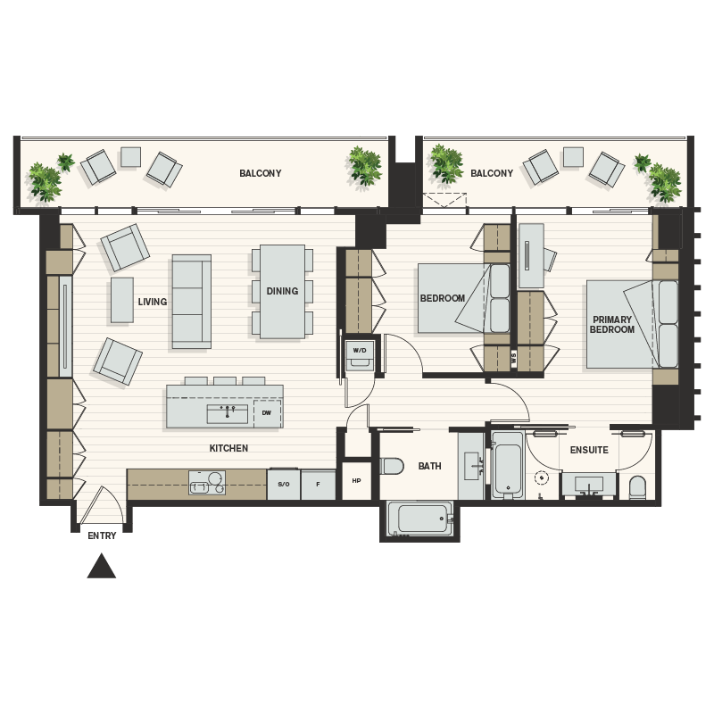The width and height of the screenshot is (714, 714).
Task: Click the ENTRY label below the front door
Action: pyautogui.click(x=103, y=535)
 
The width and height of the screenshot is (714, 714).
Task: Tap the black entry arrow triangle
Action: pyautogui.click(x=102, y=567)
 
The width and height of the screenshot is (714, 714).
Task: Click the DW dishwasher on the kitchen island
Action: pyautogui.click(x=267, y=413)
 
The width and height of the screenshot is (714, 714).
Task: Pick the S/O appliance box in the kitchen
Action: pyautogui.click(x=284, y=484)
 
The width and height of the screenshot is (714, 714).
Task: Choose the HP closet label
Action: pyautogui.click(x=357, y=481)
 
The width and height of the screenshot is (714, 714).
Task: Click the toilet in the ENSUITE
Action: pyautogui.click(x=637, y=487)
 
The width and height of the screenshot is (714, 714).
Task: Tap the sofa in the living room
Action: pyautogui.click(x=192, y=301)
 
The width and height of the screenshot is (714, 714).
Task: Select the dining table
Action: pyautogui.click(x=282, y=292)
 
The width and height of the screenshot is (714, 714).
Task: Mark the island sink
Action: pyautogui.click(x=227, y=413)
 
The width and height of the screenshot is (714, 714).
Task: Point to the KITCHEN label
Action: pyautogui.click(x=228, y=448)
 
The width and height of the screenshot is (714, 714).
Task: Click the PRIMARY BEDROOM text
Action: pyautogui.click(x=611, y=325)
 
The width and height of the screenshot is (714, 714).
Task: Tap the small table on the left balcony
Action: pyautogui.click(x=131, y=157)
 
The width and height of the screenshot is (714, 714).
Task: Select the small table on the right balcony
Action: pyautogui.click(x=573, y=157)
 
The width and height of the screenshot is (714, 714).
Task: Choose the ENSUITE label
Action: pyautogui.click(x=589, y=450)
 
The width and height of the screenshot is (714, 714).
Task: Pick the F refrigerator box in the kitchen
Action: pyautogui.click(x=318, y=484)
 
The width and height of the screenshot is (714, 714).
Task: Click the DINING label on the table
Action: pyautogui.click(x=282, y=291)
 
